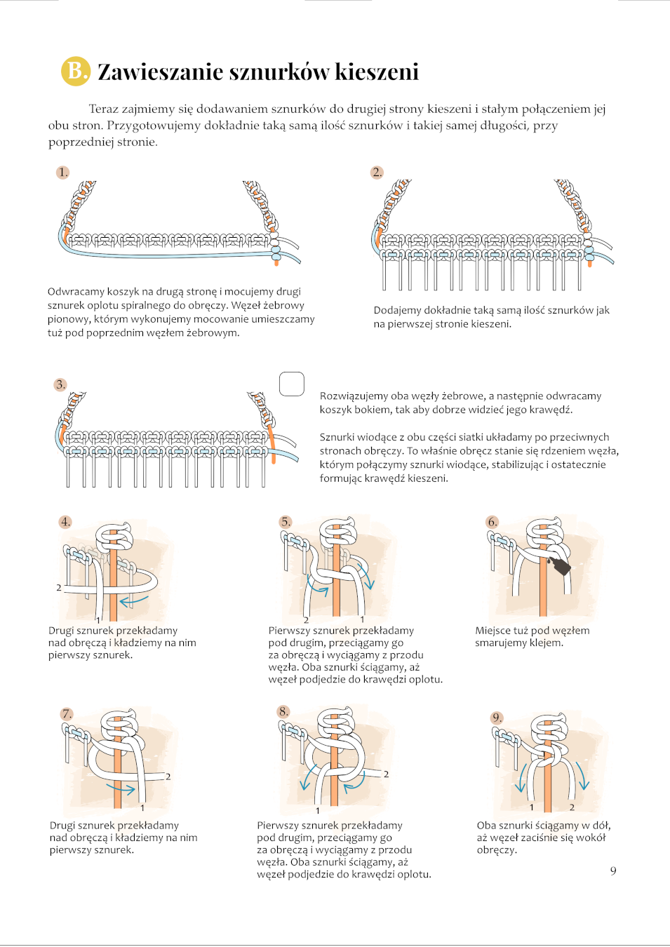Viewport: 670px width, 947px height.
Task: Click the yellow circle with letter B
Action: point(76,71)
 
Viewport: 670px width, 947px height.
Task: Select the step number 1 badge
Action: point(63,173)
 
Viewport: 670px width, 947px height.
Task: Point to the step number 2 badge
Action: point(377,173)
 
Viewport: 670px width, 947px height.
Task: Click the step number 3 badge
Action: point(61,384)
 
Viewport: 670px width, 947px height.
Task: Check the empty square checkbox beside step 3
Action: point(292,384)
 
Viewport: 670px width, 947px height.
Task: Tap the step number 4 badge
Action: point(65,522)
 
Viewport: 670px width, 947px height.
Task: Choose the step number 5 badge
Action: point(286,522)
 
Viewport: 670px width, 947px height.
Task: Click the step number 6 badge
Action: point(493,522)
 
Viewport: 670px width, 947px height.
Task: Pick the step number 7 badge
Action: point(67,714)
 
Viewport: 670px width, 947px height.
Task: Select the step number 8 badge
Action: point(284,711)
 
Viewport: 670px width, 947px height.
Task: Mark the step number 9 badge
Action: point(497,718)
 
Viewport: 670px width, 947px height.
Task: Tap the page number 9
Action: point(613,871)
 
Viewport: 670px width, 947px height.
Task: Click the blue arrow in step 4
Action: point(133,600)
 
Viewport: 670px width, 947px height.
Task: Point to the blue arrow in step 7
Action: point(120,788)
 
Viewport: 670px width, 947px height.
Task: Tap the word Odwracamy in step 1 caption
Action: point(74,292)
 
